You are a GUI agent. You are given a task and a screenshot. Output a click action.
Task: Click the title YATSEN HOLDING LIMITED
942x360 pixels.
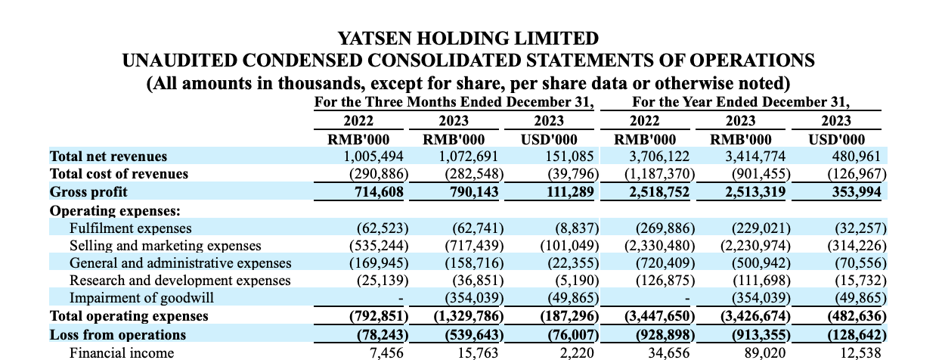[468, 38]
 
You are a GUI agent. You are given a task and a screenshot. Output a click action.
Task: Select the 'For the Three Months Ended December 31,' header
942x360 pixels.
[454, 102]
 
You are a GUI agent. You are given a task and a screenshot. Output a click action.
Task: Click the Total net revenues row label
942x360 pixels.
[108, 157]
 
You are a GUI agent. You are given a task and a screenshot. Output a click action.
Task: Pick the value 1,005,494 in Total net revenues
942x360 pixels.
[373, 157]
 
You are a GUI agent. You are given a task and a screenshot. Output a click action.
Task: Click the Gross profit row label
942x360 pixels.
[88, 191]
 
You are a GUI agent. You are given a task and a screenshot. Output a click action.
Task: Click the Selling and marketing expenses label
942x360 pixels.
[165, 246]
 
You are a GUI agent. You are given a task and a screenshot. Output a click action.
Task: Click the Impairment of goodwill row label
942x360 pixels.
[141, 298]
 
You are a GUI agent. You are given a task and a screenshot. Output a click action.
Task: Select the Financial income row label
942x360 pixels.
[121, 352]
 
